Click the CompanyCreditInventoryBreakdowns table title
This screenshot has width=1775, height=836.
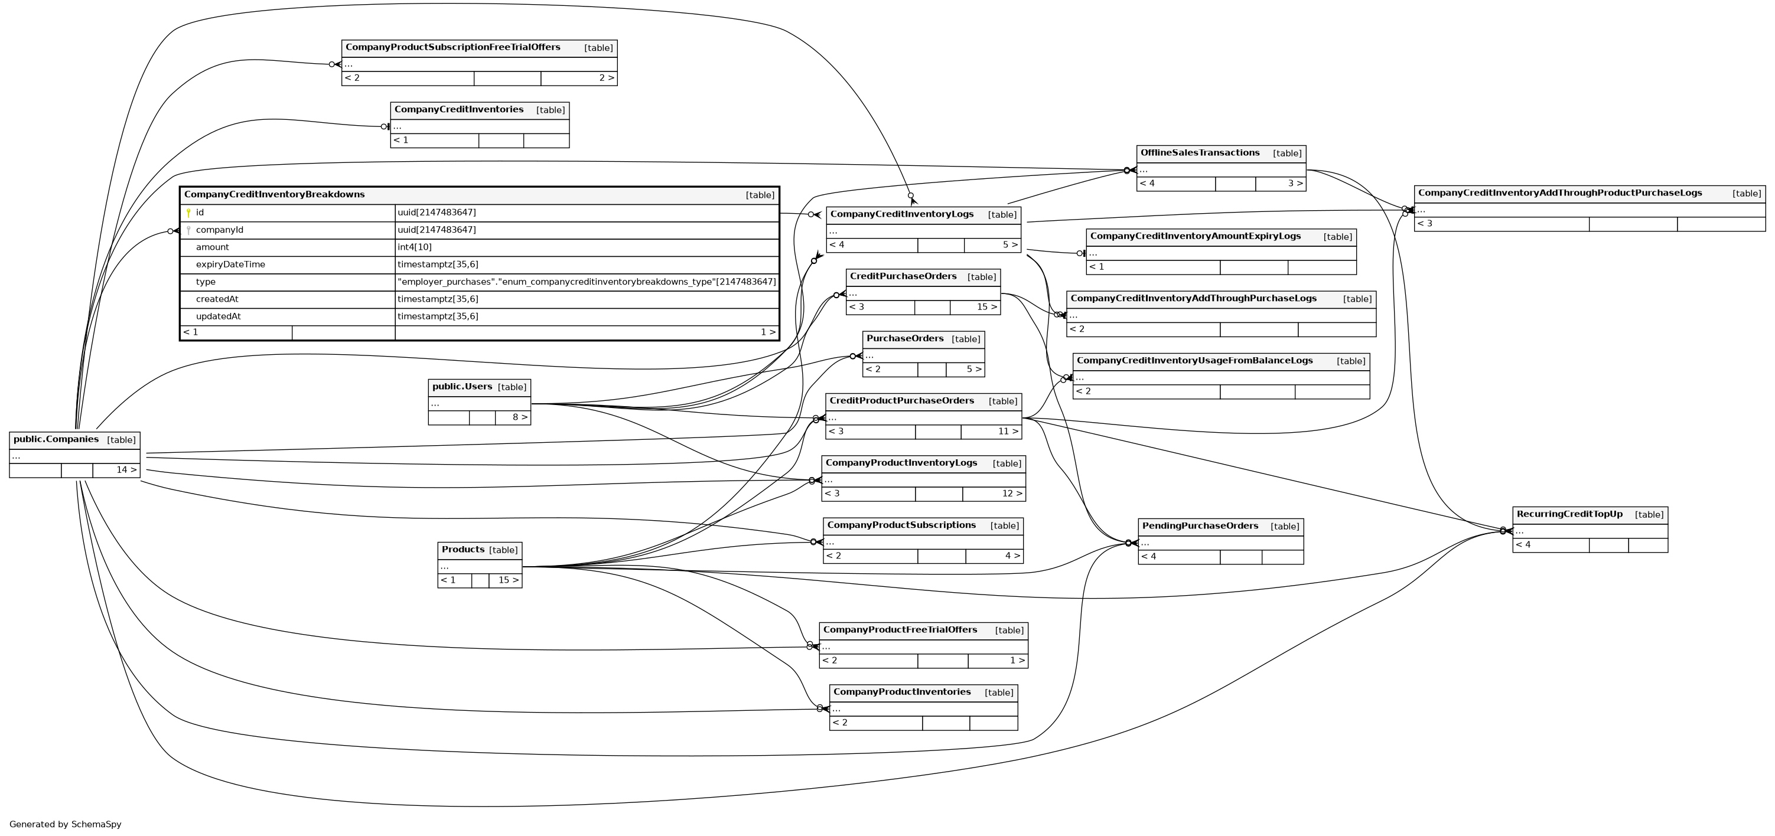click(274, 195)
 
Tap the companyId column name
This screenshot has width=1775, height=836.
click(219, 230)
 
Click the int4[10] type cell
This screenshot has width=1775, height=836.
click(415, 247)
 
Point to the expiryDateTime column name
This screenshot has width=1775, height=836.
click(230, 264)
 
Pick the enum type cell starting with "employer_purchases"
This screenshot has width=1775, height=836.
click(587, 282)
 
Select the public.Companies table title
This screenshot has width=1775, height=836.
click(56, 439)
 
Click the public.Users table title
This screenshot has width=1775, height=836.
click(462, 387)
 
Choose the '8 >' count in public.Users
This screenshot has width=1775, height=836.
click(520, 417)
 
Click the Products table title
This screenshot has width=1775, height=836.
click(463, 550)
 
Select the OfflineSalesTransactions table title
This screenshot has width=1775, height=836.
click(1200, 153)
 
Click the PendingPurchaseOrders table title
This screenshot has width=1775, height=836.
click(1200, 526)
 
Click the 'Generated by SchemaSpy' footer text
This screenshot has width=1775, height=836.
click(66, 824)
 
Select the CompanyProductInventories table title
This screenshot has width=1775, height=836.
click(901, 692)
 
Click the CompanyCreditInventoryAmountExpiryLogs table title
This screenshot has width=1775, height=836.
click(1196, 236)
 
